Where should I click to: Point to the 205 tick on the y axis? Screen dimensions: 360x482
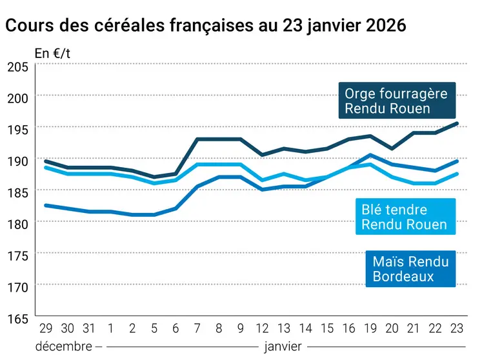(17, 66)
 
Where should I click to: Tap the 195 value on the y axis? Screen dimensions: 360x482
(17, 129)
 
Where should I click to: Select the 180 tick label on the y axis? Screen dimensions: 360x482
(17, 223)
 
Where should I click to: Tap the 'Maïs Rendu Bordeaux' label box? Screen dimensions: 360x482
(410, 268)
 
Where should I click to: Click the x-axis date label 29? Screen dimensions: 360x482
(45, 328)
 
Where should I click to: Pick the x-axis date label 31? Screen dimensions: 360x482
(89, 328)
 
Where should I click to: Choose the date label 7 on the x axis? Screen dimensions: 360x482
(198, 328)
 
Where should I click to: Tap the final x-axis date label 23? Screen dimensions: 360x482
(456, 328)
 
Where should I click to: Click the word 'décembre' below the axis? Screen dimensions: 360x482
(63, 346)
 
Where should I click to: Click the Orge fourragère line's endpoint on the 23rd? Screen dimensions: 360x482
(456, 123)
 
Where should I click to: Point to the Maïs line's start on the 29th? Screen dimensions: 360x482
(45, 205)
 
